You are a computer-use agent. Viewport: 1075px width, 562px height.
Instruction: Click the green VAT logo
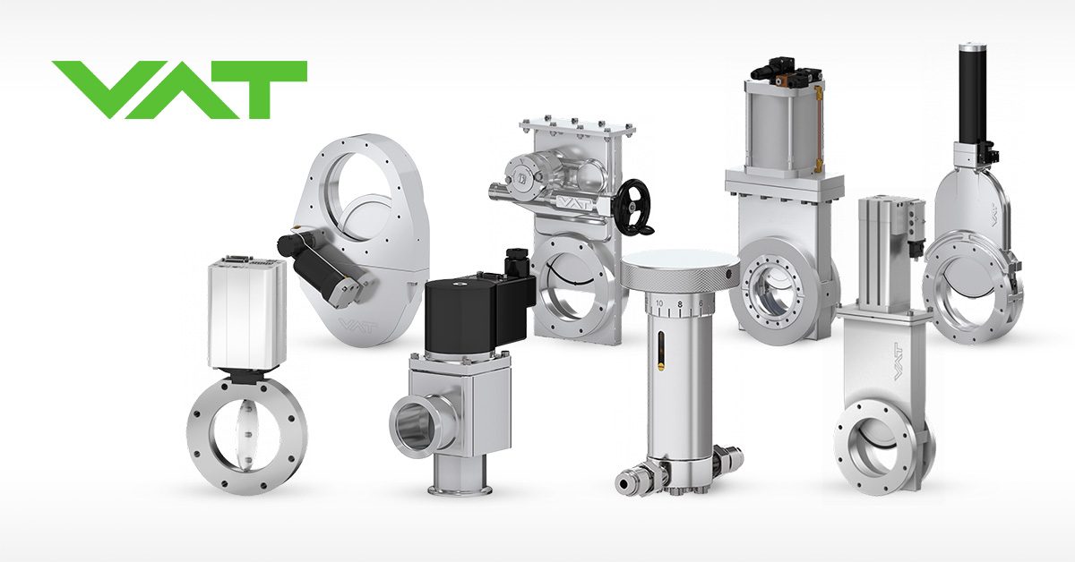point(179,89)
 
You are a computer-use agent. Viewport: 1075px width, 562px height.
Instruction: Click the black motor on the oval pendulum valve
point(314,255)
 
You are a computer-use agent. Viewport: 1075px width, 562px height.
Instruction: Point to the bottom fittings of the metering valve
point(678,473)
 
